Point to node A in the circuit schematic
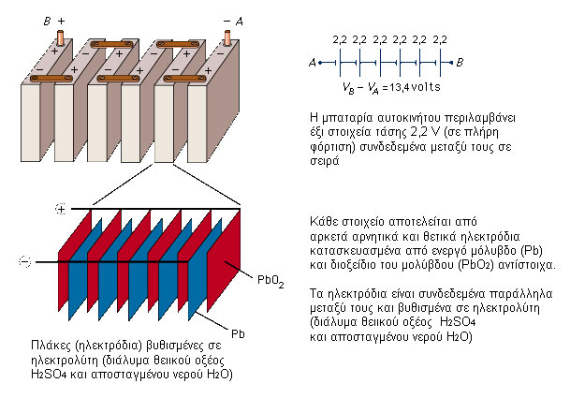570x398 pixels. click(311, 63)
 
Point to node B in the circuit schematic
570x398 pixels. click(460, 63)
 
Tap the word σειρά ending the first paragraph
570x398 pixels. click(326, 160)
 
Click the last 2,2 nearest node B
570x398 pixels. click(440, 40)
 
